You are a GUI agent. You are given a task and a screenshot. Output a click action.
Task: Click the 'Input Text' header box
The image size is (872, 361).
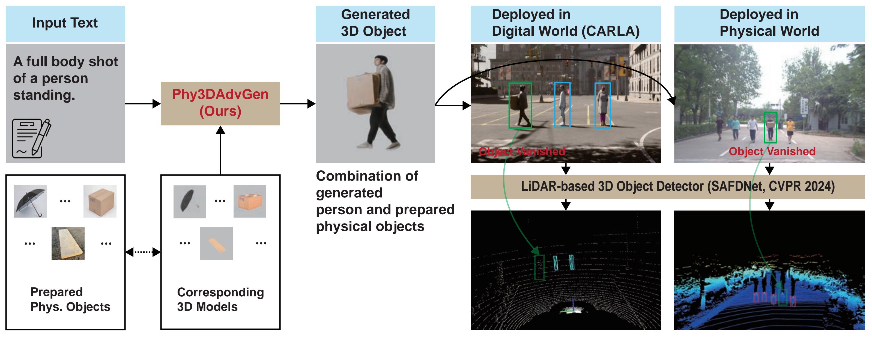[65, 23]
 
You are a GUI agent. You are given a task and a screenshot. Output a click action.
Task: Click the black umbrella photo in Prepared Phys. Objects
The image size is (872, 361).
[30, 201]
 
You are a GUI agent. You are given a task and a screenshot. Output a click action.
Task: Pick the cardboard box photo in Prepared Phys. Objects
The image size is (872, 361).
[100, 201]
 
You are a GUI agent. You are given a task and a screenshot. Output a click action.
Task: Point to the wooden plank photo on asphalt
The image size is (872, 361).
[68, 243]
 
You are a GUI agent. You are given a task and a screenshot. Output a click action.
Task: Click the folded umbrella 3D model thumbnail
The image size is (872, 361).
[190, 202]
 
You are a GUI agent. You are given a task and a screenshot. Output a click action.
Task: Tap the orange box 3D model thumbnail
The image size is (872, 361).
[250, 201]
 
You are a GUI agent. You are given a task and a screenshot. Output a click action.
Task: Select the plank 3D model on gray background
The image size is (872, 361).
[216, 243]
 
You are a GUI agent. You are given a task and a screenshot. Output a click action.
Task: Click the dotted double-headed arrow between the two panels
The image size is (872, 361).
[143, 252]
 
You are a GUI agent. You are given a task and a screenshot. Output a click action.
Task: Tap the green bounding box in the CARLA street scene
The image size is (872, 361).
[520, 105]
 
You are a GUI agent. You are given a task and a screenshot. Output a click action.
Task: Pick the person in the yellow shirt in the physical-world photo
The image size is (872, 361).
[790, 129]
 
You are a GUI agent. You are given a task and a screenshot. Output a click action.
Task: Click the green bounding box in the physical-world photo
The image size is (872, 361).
[770, 128]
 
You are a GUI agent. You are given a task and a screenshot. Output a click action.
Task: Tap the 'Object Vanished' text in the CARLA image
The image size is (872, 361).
[522, 151]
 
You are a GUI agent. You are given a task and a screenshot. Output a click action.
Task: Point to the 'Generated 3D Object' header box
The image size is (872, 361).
[375, 23]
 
